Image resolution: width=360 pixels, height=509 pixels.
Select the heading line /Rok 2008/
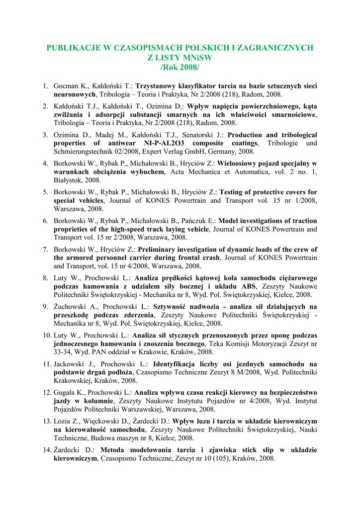(180, 67)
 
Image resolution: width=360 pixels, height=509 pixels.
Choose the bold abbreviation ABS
(248, 286)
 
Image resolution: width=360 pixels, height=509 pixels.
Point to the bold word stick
(237, 450)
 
